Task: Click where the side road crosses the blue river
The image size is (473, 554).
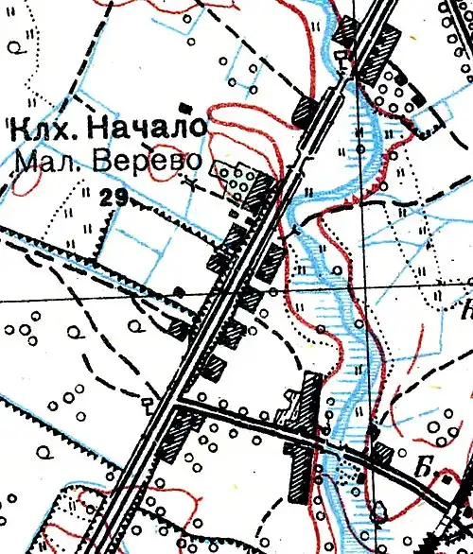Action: point(322,441)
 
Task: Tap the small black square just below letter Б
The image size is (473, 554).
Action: point(447,482)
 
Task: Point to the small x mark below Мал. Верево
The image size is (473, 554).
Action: point(193,184)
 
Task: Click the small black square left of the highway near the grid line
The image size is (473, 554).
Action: point(179,288)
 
